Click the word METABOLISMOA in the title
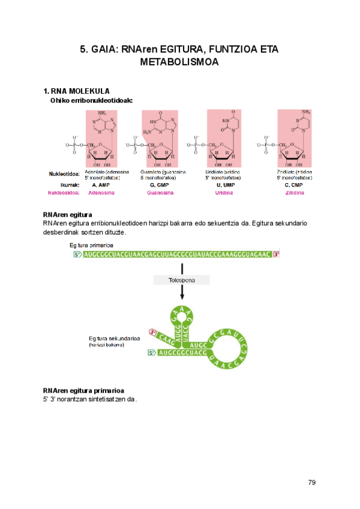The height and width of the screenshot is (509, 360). [x=179, y=61]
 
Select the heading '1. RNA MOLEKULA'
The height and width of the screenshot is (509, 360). [x=76, y=91]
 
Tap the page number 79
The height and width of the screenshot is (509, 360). [x=311, y=483]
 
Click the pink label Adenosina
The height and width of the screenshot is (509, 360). [x=101, y=193]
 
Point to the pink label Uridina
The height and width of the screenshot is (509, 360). [x=225, y=193]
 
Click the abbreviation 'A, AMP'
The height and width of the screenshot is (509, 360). [x=101, y=185]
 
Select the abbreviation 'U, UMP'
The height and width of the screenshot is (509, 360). [x=225, y=185]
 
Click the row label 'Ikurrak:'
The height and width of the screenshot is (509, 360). [x=70, y=185]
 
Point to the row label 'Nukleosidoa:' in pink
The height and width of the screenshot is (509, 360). [x=64, y=193]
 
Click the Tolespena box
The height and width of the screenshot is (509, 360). [x=182, y=280]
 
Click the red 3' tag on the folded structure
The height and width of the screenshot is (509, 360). [x=153, y=332]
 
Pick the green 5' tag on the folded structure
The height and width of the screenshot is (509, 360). [x=152, y=353]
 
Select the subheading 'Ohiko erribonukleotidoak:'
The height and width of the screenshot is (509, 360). [x=91, y=101]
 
